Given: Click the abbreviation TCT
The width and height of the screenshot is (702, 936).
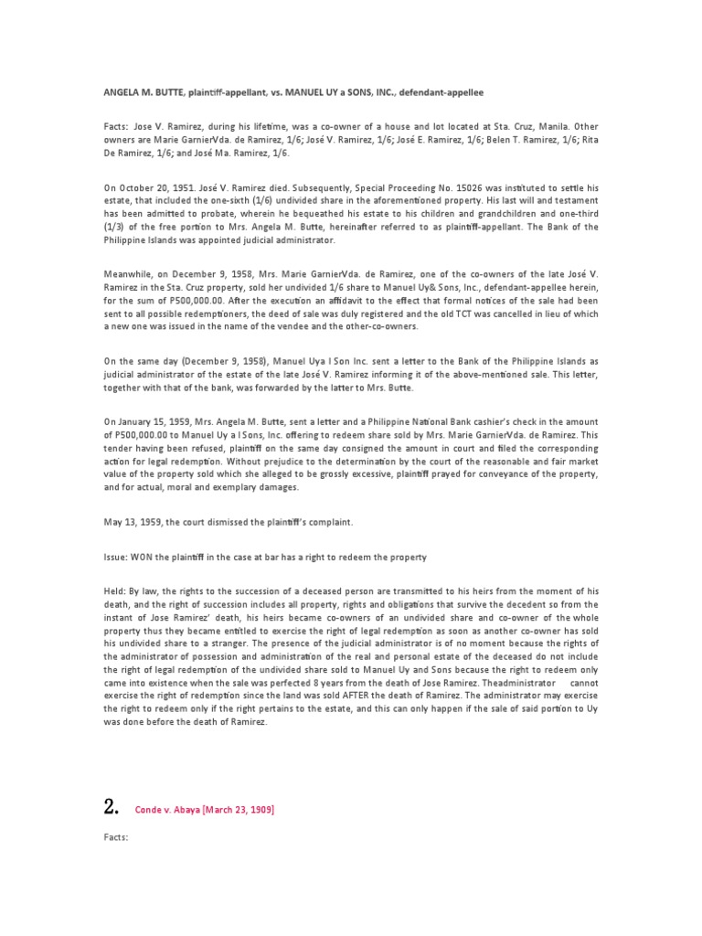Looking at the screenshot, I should click(441, 313).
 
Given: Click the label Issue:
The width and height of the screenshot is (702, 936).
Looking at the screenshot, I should click(116, 557).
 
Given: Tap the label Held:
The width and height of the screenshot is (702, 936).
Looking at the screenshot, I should click(115, 591).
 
